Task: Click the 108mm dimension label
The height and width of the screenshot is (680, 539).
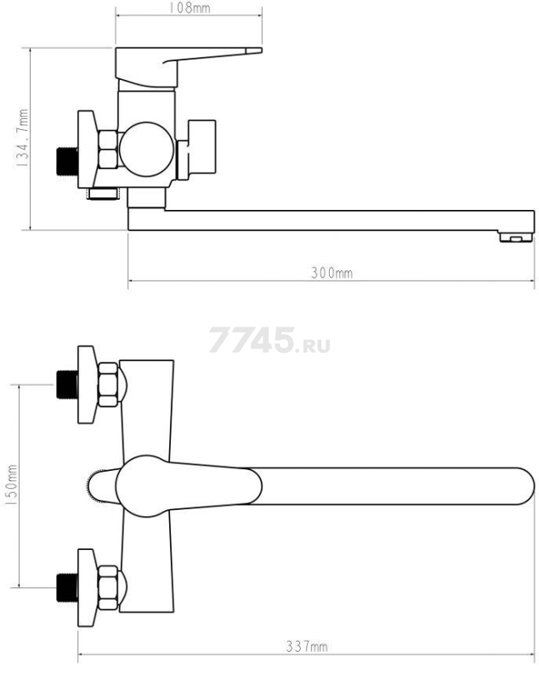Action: tap(189, 8)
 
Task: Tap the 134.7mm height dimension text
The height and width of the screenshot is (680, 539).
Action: tap(22, 139)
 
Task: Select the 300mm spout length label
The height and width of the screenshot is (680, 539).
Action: tap(332, 273)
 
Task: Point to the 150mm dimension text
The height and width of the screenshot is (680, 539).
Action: tap(11, 484)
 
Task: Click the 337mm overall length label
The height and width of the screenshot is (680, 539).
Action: tap(307, 647)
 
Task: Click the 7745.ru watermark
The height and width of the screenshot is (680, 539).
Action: tap(269, 340)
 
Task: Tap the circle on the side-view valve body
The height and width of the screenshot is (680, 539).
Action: tap(146, 150)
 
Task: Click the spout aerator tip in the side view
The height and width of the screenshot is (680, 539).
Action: tap(515, 237)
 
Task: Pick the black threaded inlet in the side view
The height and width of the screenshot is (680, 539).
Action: tap(67, 161)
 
